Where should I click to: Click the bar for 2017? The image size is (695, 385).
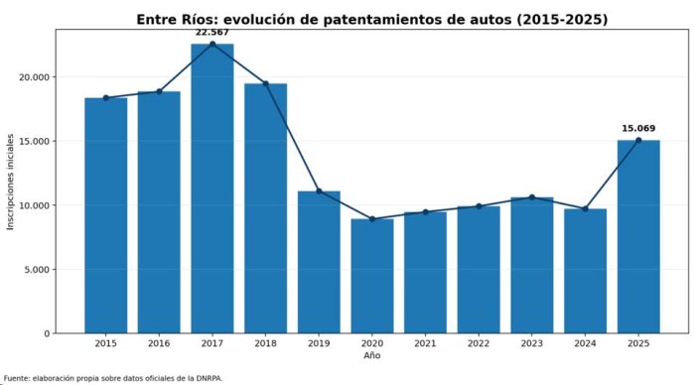coord(212,189)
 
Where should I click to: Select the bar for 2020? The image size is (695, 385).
coord(372,276)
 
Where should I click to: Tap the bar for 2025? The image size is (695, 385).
coord(638,236)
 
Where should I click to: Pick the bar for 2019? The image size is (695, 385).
coord(319,262)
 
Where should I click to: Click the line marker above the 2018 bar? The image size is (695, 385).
coord(265,83)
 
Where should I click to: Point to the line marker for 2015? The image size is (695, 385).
coord(106,98)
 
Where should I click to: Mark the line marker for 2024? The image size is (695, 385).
coord(586,209)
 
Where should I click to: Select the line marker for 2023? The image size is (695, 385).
coord(532,197)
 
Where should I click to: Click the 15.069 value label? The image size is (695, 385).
coord(638,128)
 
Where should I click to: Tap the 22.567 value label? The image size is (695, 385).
coord(212,33)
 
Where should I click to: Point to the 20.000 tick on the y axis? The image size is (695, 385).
coord(35,77)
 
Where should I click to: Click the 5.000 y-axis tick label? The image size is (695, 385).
coord(37,269)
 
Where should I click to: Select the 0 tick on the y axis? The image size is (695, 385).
coord(47,333)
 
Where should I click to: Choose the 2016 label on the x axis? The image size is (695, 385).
coord(159,343)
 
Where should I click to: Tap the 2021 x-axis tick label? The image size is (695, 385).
coord(426,343)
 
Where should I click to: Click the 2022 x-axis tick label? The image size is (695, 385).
coord(479,343)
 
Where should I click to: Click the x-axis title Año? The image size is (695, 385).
coord(372,355)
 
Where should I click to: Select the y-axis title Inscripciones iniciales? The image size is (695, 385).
coord(10,182)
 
